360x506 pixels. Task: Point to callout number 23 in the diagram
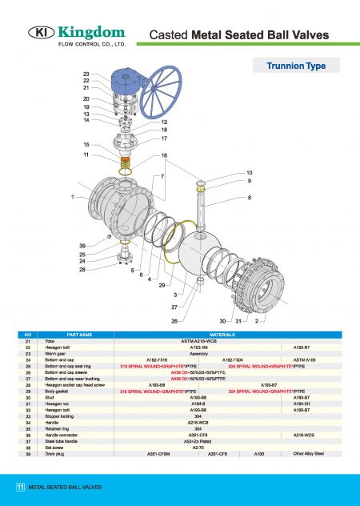tap(86, 74)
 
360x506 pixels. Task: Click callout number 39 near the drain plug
tap(82, 245)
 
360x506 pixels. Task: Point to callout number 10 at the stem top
tap(249, 173)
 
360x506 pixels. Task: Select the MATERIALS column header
tap(221, 334)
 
